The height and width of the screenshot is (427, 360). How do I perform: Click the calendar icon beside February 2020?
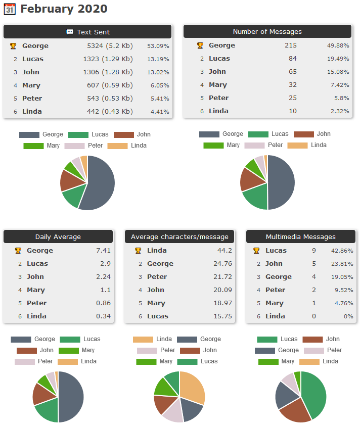tap(10, 9)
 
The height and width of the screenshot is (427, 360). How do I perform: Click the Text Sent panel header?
tap(87, 32)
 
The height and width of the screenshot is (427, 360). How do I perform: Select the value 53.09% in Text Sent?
tap(158, 46)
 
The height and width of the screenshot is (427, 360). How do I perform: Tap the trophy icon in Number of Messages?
tap(200, 45)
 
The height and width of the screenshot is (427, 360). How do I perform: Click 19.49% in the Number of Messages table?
tap(338, 59)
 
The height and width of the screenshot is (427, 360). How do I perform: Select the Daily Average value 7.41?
tap(103, 251)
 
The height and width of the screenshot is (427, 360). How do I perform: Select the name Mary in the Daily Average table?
tap(36, 290)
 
